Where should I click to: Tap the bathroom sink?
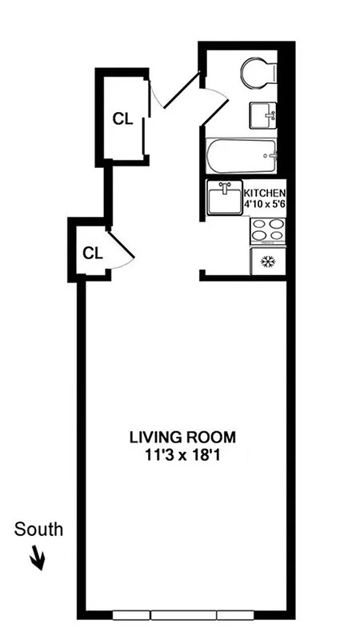(263, 117)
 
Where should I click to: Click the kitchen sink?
(224, 198)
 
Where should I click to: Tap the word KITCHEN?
(264, 193)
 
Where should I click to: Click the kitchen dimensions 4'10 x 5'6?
(264, 205)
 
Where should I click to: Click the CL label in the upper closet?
(122, 119)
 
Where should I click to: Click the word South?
(38, 529)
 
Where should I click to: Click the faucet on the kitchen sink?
(224, 187)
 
